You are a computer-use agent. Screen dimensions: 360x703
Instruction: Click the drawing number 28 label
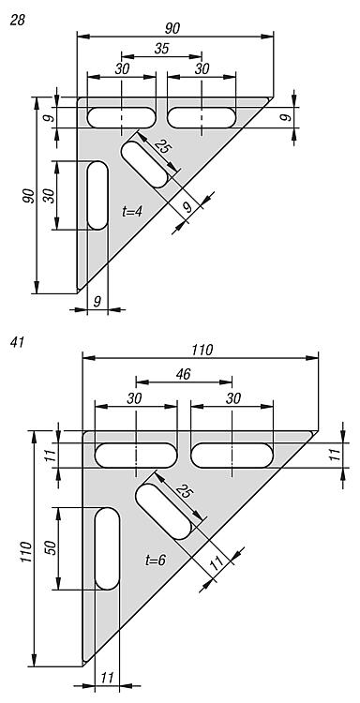click(18, 21)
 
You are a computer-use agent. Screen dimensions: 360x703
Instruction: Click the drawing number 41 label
click(17, 342)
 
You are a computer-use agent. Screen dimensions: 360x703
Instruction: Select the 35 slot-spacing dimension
click(161, 49)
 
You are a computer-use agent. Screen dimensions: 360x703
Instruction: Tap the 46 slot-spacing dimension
click(184, 374)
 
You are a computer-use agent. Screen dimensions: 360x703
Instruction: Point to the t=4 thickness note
click(132, 211)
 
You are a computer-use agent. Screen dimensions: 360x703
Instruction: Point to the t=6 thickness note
click(156, 559)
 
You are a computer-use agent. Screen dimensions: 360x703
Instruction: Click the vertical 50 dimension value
click(52, 548)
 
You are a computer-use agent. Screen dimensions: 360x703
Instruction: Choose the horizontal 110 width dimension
click(202, 351)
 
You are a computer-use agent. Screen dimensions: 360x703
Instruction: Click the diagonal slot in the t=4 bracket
click(144, 164)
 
